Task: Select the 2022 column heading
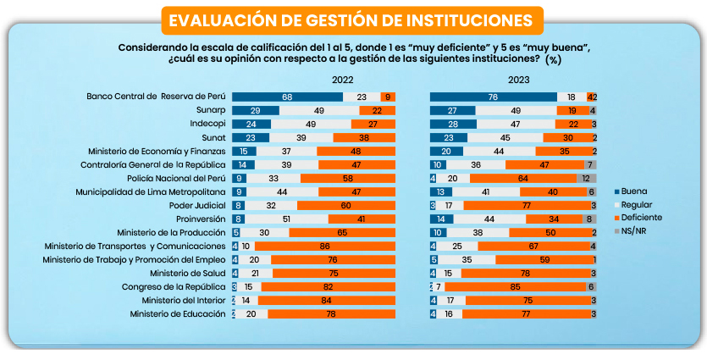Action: (x=343, y=80)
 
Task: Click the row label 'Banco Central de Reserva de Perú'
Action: (x=157, y=97)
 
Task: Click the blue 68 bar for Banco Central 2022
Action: (x=287, y=97)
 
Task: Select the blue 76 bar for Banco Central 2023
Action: (x=493, y=97)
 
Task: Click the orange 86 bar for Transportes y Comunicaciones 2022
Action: (x=325, y=246)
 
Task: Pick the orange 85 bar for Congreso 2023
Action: (x=516, y=286)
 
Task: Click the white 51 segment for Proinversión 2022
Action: (x=287, y=219)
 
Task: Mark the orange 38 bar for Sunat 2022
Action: (x=364, y=137)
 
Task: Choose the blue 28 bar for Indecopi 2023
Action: (x=453, y=124)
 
